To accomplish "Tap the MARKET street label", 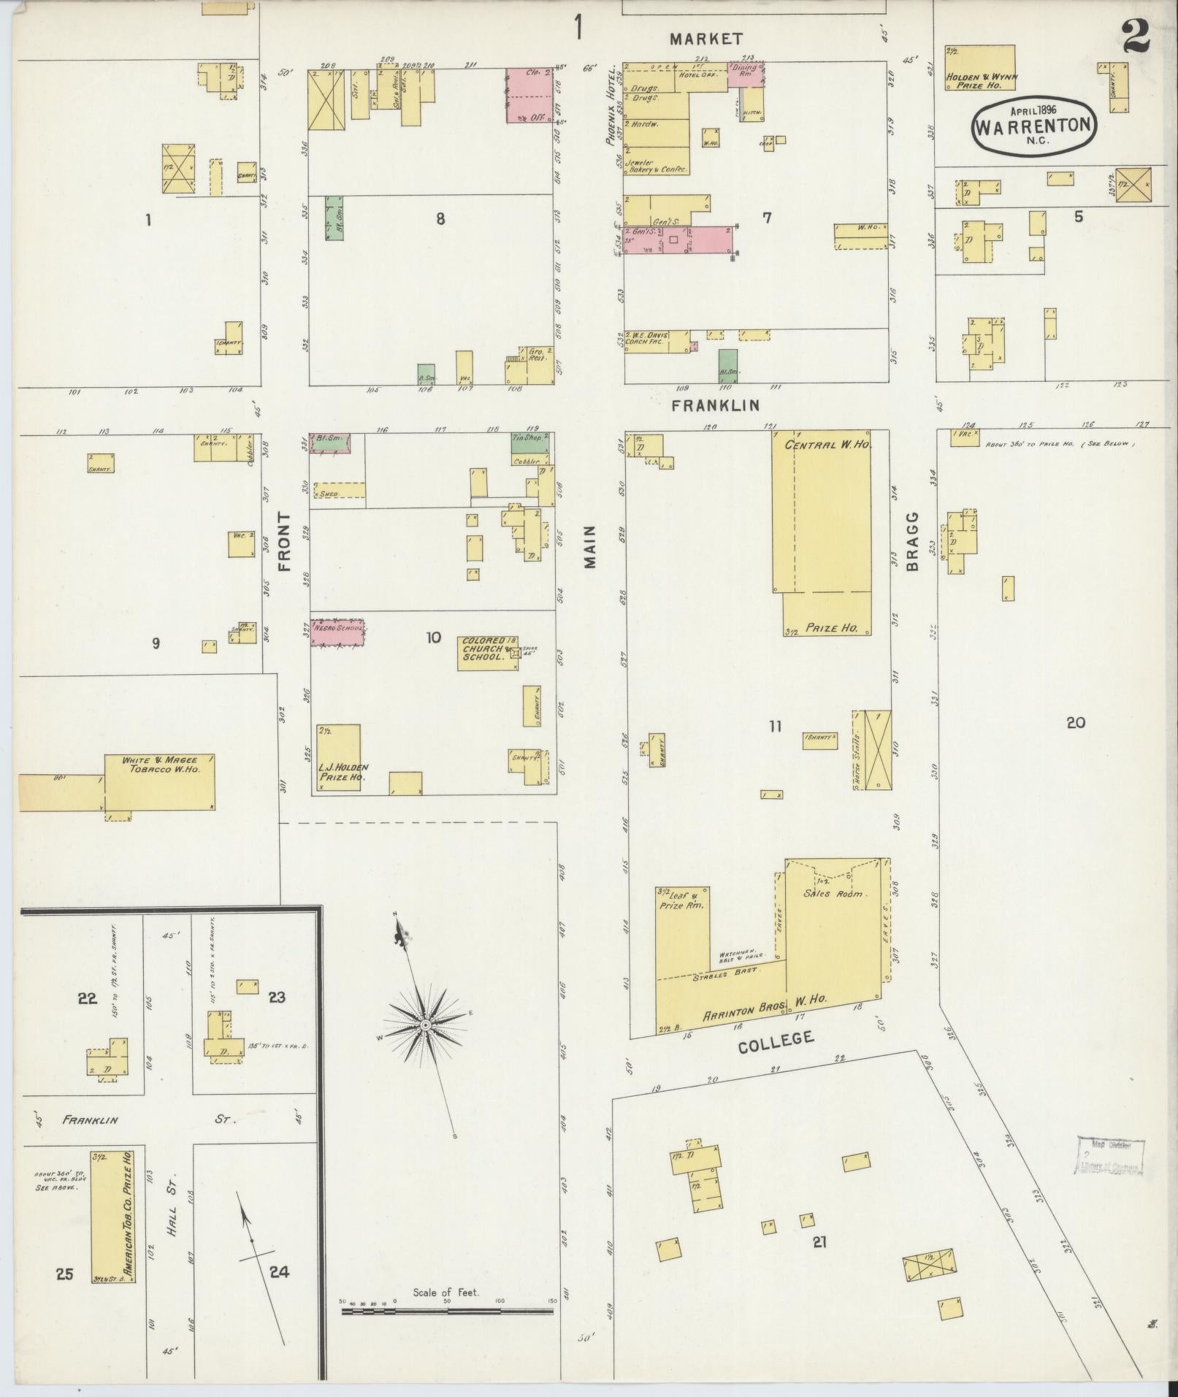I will click(706, 39).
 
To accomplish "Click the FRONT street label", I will click(284, 541).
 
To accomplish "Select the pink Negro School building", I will click(338, 632).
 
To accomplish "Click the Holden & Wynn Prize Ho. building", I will click(980, 68).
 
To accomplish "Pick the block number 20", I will click(1075, 723).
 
